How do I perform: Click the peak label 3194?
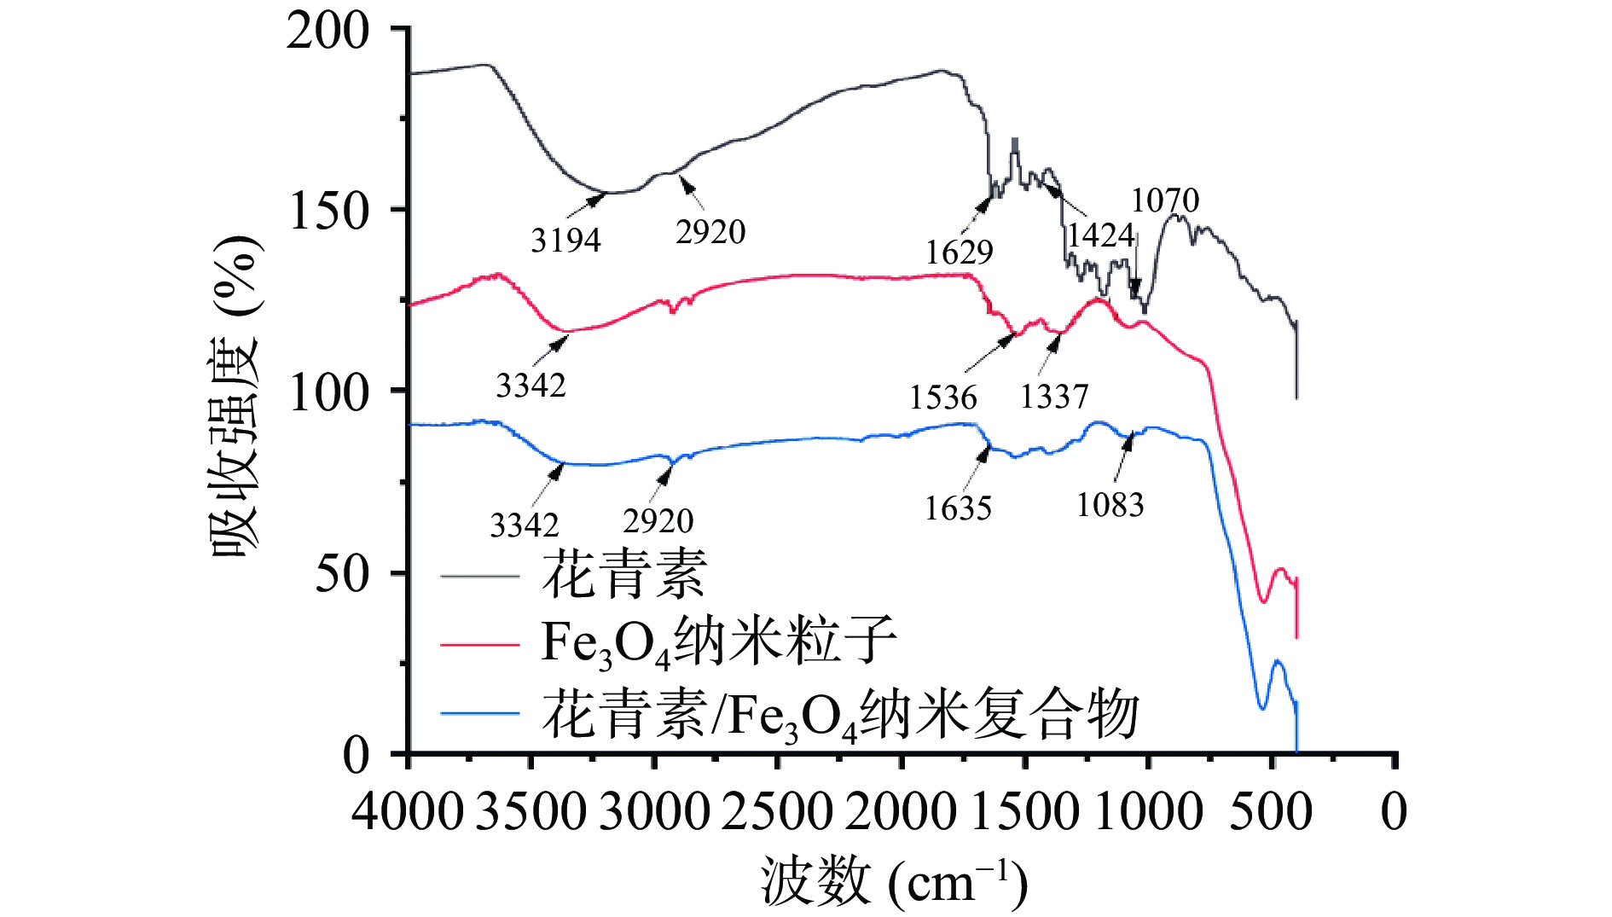tap(565, 241)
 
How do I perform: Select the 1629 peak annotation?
tap(960, 252)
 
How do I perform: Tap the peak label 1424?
tap(1100, 235)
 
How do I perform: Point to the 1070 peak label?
tap(1165, 201)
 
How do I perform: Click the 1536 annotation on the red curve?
tap(942, 398)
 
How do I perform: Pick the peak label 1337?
tap(1054, 397)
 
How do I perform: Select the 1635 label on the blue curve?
tap(958, 508)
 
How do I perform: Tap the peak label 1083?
tap(1110, 505)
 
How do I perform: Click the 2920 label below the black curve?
tap(710, 232)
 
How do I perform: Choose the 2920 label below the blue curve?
tap(658, 521)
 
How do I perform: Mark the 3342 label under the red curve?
tap(531, 386)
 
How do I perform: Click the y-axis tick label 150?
tap(329, 211)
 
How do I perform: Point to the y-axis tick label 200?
tap(328, 32)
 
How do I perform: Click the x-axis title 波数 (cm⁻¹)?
tap(894, 882)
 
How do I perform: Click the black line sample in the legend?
tap(479, 577)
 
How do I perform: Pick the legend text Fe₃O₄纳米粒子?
tap(719, 642)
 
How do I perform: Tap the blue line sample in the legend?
tap(479, 713)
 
